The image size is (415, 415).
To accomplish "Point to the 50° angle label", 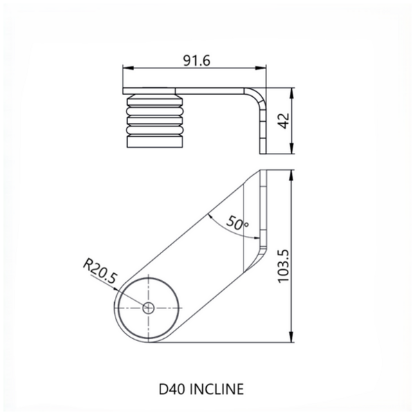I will [x=237, y=223].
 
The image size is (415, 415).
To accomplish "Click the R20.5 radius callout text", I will [x=100, y=271].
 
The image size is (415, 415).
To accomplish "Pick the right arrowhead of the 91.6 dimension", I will [x=265, y=67].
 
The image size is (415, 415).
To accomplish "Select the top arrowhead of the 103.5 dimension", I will [x=293, y=174].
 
